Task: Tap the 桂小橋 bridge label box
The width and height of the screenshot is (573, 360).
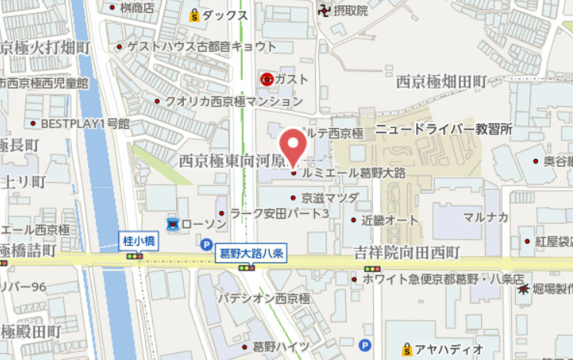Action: pos(140,241)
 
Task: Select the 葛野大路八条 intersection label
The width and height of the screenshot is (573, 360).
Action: pos(253,253)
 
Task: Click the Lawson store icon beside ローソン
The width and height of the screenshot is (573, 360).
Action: pos(173,224)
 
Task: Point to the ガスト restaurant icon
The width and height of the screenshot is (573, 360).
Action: pos(267,78)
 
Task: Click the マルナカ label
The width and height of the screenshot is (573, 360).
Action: pos(486,216)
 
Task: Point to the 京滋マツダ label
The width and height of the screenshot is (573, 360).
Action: pos(330,198)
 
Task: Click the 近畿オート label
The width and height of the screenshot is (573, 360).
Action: pos(390,220)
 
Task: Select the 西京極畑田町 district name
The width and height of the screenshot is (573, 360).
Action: pos(441,80)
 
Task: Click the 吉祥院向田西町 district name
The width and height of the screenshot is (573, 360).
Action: pos(407,253)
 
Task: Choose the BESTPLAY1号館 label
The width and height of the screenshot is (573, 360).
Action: pos(85,123)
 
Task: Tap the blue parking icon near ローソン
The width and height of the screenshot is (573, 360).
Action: pos(205,244)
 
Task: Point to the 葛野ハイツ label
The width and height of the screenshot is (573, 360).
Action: pos(281,345)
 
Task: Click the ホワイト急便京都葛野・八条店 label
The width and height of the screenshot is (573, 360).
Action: pos(443,278)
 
